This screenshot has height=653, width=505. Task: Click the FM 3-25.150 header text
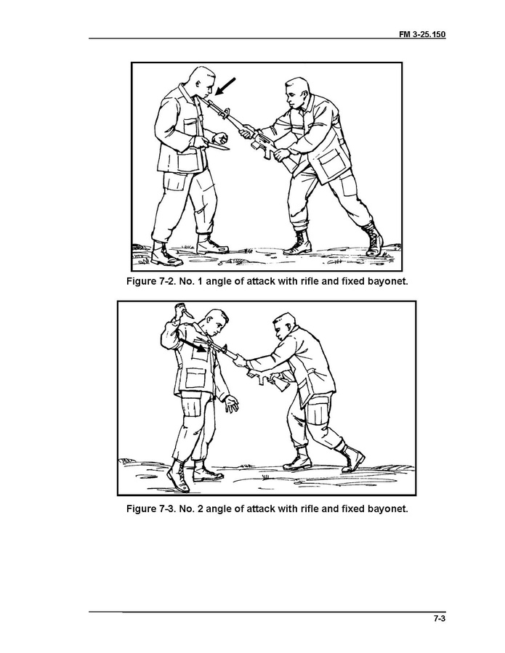pos(422,34)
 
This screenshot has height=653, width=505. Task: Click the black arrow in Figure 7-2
pos(225,86)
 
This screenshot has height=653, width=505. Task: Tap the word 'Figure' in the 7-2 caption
pos(141,281)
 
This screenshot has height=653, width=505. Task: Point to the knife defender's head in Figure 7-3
pos(215,323)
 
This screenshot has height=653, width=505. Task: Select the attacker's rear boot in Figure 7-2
pos(374,239)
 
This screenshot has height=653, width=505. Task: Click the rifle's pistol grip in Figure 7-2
pos(267,154)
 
